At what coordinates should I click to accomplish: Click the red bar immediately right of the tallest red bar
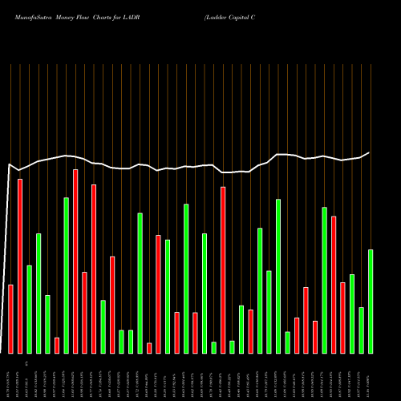[84, 312]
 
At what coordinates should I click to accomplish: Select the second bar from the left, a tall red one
[20, 265]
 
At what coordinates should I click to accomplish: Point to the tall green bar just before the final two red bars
[324, 280]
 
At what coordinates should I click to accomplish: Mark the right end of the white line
[370, 152]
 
